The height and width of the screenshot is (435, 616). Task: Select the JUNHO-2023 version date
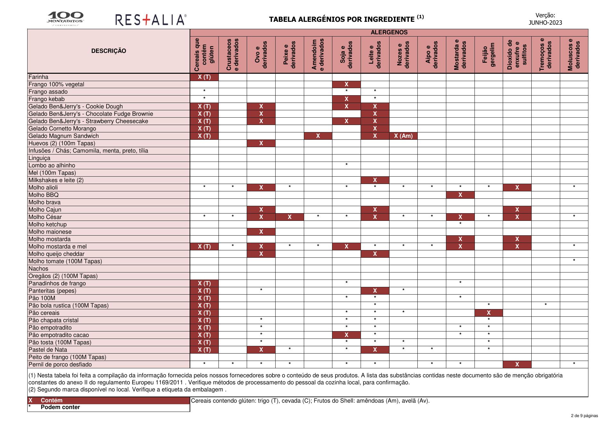(545, 22)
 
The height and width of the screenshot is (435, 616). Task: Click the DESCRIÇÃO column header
(108, 51)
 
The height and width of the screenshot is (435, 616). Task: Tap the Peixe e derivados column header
(289, 55)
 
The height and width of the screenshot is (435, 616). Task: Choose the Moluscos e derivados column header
(574, 55)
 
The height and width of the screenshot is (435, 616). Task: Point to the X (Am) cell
(403, 136)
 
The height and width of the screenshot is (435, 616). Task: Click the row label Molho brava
(44, 202)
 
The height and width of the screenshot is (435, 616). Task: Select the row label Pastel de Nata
(48, 350)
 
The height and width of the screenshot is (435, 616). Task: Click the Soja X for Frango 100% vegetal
(346, 84)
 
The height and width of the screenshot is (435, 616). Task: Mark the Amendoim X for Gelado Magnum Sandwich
(318, 136)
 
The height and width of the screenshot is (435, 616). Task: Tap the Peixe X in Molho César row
(289, 217)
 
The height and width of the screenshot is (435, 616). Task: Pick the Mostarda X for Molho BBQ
(460, 195)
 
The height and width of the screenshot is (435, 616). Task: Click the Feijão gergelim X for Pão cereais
(489, 313)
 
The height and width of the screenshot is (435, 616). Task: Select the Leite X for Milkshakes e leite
(375, 180)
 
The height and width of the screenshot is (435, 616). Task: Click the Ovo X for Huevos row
(261, 143)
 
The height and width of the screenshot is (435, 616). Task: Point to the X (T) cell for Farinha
(204, 77)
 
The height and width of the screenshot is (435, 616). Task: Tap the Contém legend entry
(51, 400)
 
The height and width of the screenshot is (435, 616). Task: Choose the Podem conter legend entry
(60, 407)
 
